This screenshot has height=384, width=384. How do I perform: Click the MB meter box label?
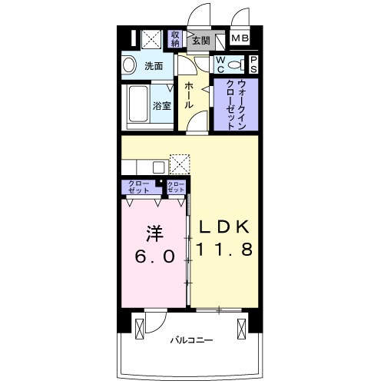(240, 38)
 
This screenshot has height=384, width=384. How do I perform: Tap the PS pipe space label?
(253, 65)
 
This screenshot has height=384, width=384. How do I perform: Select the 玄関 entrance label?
(201, 41)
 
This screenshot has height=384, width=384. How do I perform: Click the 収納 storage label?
(175, 39)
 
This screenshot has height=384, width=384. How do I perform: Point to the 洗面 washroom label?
(154, 66)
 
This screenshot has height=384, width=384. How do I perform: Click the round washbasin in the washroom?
(129, 65)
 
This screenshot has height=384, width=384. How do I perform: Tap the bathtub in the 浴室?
(138, 104)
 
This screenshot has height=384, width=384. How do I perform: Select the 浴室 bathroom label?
(162, 106)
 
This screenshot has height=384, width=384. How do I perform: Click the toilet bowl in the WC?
(234, 65)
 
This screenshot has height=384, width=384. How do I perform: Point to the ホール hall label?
(189, 95)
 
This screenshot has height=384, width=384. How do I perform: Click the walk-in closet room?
(236, 104)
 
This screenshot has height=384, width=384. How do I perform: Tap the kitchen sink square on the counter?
(159, 167)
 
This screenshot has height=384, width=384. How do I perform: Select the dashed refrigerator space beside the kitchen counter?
(180, 164)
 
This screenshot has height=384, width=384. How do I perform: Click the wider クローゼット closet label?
(138, 187)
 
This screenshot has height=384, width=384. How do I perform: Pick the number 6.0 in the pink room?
(155, 257)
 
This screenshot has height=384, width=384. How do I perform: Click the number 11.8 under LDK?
(224, 249)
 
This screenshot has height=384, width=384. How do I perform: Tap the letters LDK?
(224, 227)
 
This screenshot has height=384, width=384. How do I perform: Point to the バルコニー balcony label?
(192, 340)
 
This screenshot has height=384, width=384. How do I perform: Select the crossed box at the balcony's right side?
(241, 329)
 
